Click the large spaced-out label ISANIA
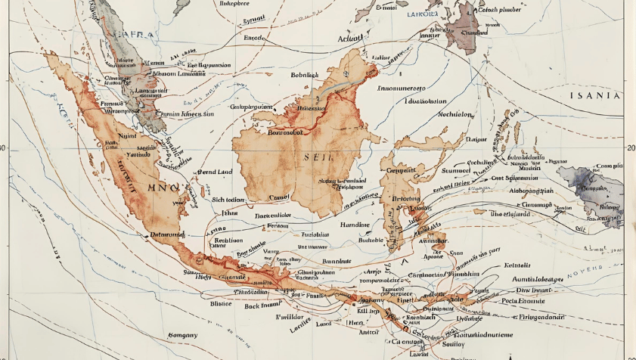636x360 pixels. click(595, 96)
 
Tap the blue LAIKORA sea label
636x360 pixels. click(423, 14)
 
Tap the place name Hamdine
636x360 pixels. click(353, 225)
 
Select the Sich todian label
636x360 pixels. click(230, 200)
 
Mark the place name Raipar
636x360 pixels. click(476, 139)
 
